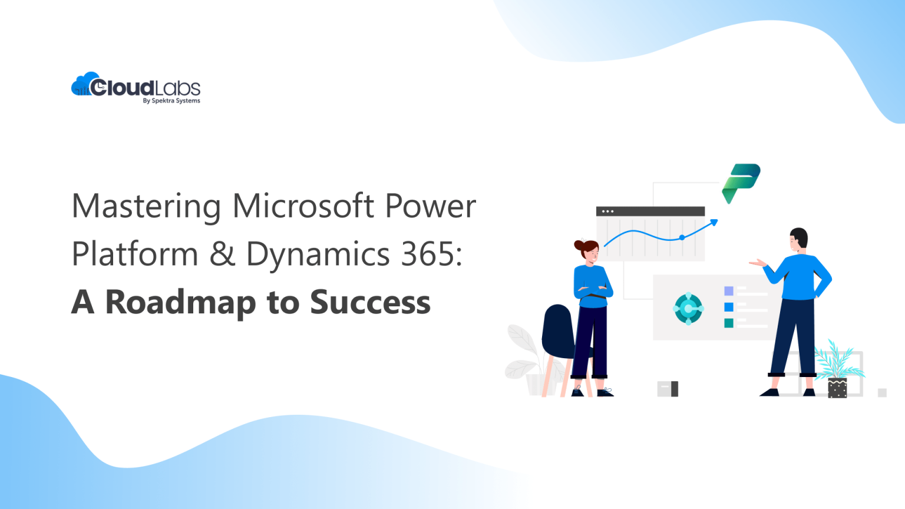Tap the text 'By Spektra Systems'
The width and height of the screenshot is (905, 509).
coord(171,101)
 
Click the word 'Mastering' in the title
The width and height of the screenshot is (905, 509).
coord(146,207)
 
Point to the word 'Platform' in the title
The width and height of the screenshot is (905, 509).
coord(134,254)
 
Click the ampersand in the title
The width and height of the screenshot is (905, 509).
coord(222,254)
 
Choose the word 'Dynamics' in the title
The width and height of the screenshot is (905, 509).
coord(318,255)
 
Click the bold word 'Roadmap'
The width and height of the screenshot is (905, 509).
coord(180,303)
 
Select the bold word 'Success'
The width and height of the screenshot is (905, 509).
coord(370,302)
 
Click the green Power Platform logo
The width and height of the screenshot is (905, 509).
coord(741,182)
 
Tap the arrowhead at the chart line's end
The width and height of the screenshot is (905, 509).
coord(714,222)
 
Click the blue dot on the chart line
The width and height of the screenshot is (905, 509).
coord(682,237)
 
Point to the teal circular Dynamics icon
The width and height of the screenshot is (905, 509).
coord(688,308)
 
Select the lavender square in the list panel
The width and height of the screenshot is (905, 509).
coord(729,291)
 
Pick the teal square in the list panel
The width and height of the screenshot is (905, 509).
coord(729,323)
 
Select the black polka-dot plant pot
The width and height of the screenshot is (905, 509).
coord(837,388)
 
